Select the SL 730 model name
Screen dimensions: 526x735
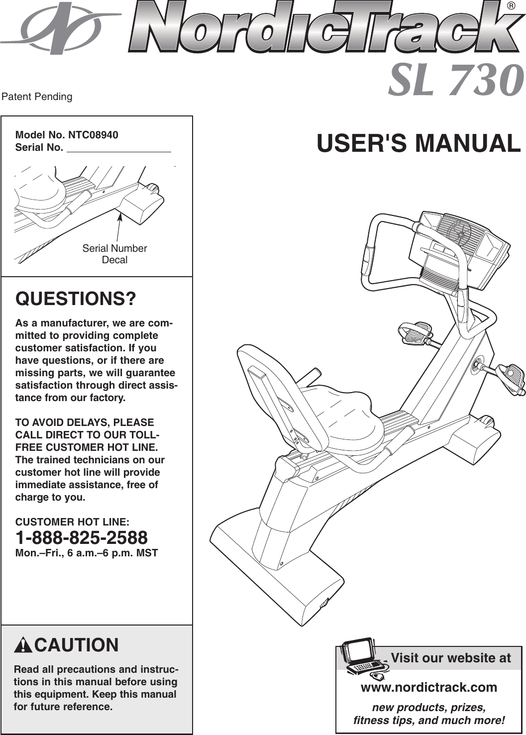(x=455, y=81)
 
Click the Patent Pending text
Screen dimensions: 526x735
(x=37, y=97)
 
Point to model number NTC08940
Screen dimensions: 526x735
(x=93, y=135)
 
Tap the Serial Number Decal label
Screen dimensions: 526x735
(x=114, y=254)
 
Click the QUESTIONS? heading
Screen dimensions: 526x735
(x=76, y=299)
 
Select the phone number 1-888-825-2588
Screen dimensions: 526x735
(x=82, y=537)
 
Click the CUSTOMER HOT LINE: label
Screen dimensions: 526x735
(x=73, y=522)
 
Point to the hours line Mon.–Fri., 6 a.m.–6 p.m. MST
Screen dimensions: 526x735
(x=87, y=553)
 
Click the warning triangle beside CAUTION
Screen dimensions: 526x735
(x=23, y=645)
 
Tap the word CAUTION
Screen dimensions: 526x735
(x=77, y=645)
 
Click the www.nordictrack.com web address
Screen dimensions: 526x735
(x=428, y=687)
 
